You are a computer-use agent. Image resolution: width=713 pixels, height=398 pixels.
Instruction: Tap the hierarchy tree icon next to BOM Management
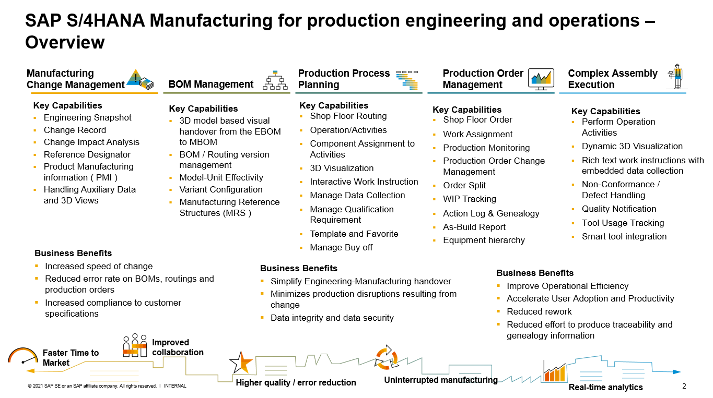coord(275,80)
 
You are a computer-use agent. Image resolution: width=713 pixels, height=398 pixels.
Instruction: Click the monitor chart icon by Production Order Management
coord(541,80)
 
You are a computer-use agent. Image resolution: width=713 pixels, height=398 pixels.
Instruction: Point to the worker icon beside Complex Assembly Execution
coord(677,77)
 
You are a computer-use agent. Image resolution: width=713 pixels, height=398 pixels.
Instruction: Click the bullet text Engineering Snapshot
coord(87,118)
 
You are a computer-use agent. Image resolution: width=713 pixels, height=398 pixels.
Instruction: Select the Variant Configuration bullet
coord(220,190)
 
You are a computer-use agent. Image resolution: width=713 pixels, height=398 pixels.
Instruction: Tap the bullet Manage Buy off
coord(341,248)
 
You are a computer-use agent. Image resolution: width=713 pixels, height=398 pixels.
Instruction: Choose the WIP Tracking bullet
coord(469,199)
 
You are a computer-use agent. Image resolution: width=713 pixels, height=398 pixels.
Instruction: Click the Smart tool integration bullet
coord(624,237)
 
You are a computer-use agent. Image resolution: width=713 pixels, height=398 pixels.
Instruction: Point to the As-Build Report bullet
coord(474,227)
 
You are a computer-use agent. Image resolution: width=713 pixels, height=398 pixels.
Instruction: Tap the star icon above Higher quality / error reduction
coord(241,361)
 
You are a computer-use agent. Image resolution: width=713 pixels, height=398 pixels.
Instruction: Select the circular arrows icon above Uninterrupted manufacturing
coord(387,357)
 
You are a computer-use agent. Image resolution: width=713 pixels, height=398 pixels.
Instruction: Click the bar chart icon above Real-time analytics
coord(554,371)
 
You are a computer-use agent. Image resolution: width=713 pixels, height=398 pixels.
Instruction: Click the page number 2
coord(684,386)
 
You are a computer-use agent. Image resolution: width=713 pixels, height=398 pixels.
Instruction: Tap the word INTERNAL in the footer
coord(174,386)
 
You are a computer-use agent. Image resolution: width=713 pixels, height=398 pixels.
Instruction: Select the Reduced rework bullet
coord(539,312)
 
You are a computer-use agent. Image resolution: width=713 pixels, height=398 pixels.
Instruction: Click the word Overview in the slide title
coord(65,42)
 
